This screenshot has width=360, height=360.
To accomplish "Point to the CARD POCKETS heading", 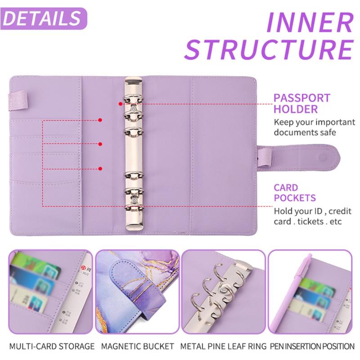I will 296,192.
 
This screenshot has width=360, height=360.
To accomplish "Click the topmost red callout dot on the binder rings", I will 121,103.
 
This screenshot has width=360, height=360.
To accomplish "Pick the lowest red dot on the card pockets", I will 99,169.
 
